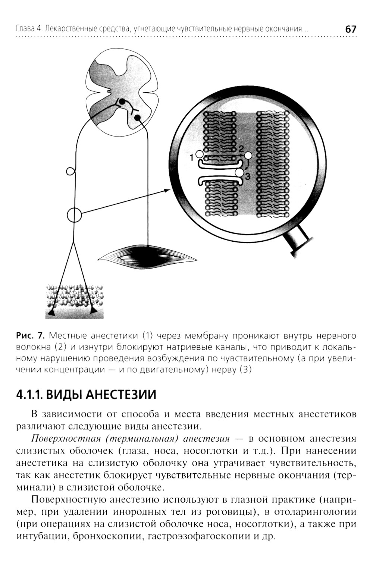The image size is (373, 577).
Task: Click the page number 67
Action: (351, 29)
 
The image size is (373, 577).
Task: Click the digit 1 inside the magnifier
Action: (192, 158)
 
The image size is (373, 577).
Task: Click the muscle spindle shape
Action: (147, 256)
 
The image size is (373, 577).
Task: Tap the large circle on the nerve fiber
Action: (74, 215)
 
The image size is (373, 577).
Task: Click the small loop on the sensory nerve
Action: (70, 171)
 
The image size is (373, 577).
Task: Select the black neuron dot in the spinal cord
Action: (138, 118)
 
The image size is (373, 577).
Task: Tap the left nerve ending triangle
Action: (51, 313)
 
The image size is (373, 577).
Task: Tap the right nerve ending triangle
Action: (94, 310)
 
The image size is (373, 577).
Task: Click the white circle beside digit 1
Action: (200, 154)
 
